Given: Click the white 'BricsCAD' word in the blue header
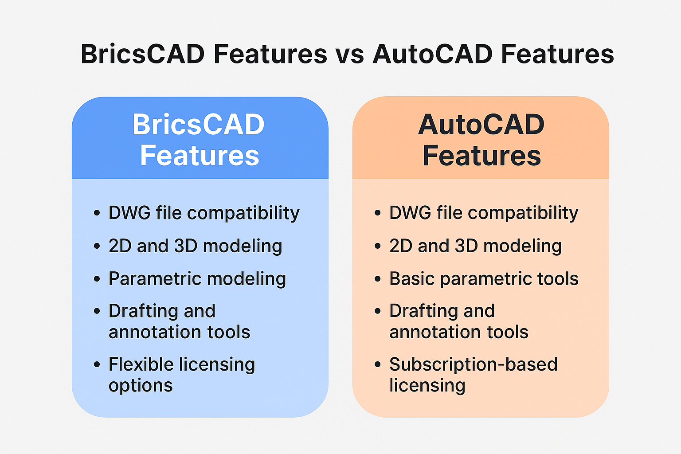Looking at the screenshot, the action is coord(199,125).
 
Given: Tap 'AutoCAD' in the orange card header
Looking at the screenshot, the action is coord(481,125).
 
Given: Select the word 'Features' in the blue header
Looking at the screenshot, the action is coord(200,155).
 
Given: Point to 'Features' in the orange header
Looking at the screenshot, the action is coord(481,155).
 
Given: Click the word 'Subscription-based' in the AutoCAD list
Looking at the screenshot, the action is coord(474,364).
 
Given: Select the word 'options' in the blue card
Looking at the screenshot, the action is coord(141,386).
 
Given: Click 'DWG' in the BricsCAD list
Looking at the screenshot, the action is coord(129,212).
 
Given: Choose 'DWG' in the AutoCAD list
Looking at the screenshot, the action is coord(410,212).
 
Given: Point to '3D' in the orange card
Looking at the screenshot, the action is coord(466,246).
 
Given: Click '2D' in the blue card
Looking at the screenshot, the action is coord(120,246).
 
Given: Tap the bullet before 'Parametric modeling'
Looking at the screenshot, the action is coord(97,279).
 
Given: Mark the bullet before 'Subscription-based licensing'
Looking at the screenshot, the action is coord(378,364).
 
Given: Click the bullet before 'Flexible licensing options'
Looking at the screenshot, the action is coord(97,364).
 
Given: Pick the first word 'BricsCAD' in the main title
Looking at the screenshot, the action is coord(143,55).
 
